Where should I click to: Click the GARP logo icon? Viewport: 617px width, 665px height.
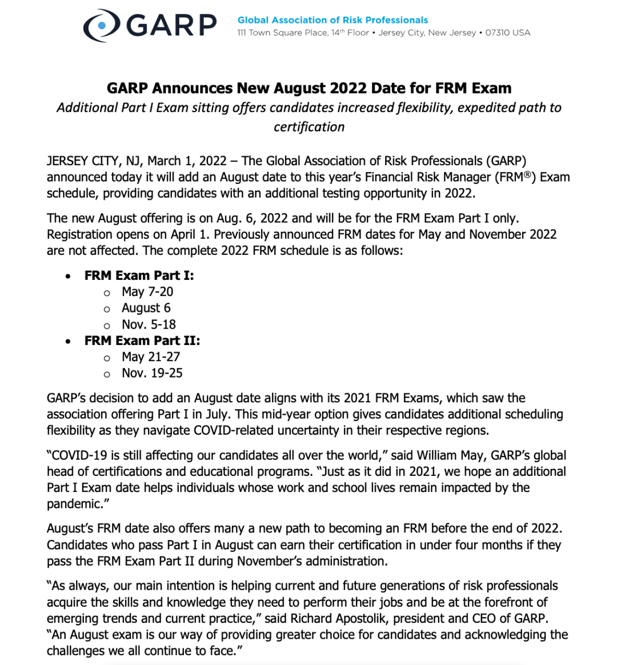(102, 26)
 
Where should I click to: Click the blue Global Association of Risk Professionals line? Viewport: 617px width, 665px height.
(332, 20)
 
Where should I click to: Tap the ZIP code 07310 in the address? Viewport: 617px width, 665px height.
(498, 33)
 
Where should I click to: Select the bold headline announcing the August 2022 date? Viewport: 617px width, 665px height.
(308, 88)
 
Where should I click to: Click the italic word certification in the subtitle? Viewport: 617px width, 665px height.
(308, 127)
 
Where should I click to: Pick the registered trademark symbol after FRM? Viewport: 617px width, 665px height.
(529, 174)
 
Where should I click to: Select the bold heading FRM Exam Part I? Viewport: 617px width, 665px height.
(139, 275)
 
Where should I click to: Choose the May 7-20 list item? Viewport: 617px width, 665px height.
(147, 292)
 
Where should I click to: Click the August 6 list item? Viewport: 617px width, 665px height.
(146, 308)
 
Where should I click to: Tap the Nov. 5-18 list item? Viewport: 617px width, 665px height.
(149, 325)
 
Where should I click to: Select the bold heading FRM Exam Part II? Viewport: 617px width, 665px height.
(142, 340)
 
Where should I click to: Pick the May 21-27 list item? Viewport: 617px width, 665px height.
(151, 357)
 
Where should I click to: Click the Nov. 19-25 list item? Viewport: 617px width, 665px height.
(152, 373)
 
